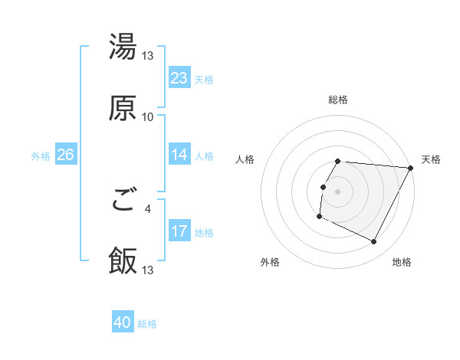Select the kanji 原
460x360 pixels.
pos(123,108)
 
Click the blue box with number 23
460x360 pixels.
pos(179,78)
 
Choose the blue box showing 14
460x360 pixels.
pos(179,155)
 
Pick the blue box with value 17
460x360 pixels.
pos(179,231)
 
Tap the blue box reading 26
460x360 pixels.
pos(65,155)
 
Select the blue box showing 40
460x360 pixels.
pos(123,322)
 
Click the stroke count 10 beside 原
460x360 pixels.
pos(148,117)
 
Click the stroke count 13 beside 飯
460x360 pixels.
pos(148,270)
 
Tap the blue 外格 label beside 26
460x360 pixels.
pos(41,155)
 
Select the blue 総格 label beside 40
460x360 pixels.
pos(147,324)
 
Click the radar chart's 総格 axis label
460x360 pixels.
pos(338,100)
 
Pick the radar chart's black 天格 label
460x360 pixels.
pos(432,159)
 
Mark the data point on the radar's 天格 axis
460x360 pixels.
pos(411,167)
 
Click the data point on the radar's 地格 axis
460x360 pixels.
pos(374,242)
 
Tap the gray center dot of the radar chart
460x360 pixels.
pos(338,191)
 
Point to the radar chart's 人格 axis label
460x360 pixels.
pos(245,159)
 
